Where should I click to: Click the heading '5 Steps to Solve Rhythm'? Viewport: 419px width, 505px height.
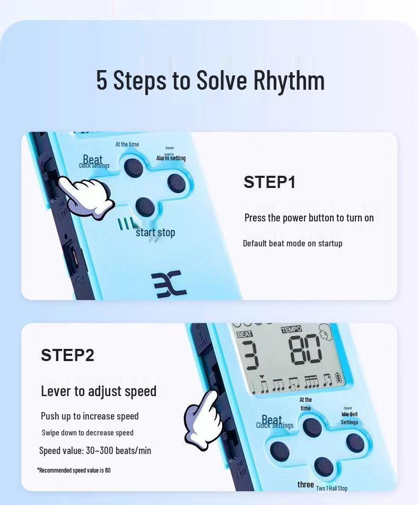(x=210, y=80)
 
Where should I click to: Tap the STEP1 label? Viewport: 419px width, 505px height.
(x=269, y=182)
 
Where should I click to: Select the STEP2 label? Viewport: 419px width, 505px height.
(x=67, y=355)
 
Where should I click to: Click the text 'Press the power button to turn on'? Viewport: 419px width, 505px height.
(x=309, y=218)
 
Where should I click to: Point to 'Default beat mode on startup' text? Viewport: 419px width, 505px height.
(x=292, y=243)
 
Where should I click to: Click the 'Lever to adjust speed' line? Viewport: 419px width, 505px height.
(x=99, y=391)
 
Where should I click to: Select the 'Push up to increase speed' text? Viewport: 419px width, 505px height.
(x=90, y=416)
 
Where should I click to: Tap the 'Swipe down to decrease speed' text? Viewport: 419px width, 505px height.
(x=88, y=433)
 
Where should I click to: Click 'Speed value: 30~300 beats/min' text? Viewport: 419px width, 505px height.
(x=95, y=451)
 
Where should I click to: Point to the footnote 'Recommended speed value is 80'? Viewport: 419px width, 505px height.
(x=74, y=470)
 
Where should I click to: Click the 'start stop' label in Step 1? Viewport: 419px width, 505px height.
(x=155, y=233)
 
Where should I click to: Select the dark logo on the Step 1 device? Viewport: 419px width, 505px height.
(x=169, y=284)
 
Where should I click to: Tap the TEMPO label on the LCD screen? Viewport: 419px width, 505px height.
(x=291, y=329)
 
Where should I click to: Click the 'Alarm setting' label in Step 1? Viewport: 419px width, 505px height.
(x=171, y=158)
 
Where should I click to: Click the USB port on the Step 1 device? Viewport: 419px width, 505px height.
(x=74, y=259)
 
